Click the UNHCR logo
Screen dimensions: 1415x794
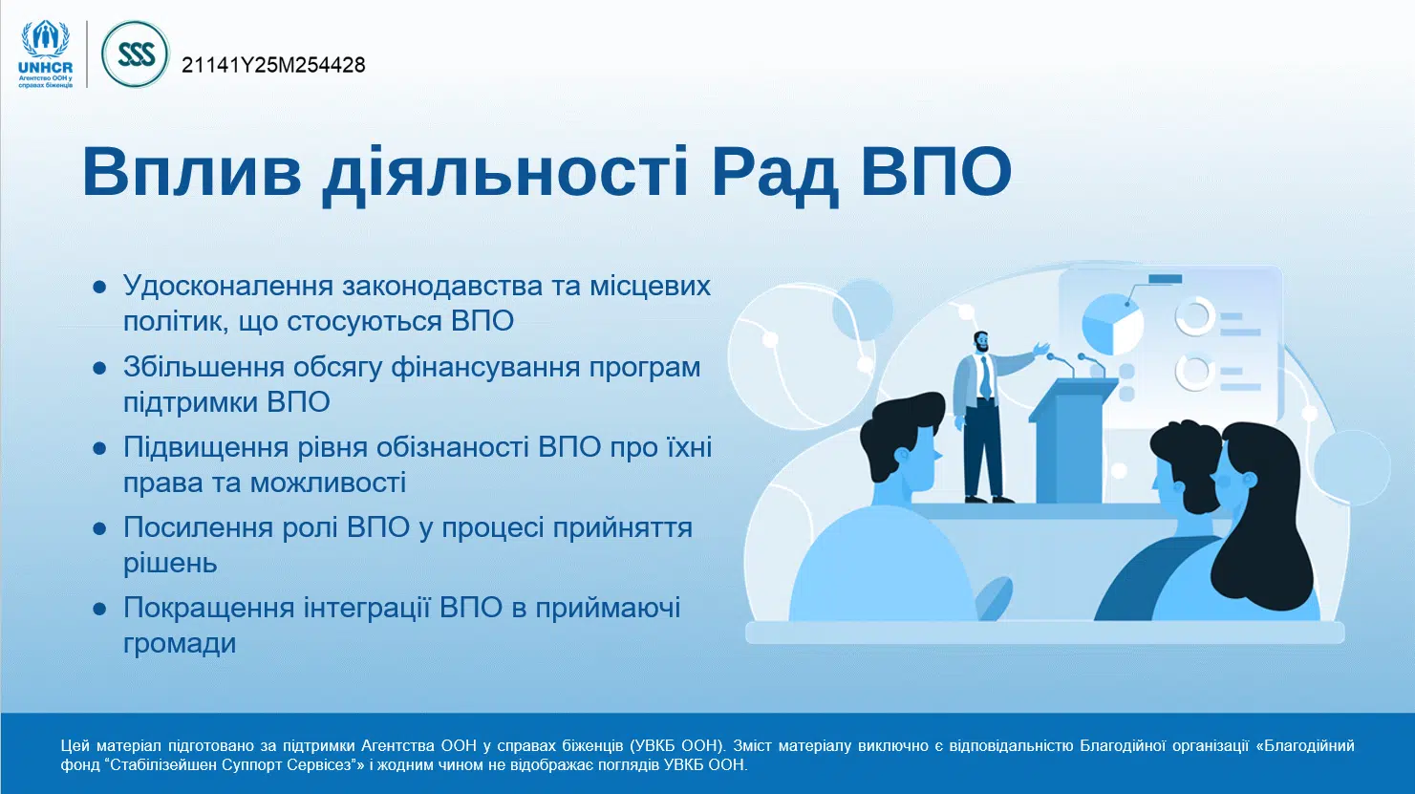coord(46,54)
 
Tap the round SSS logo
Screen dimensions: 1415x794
coord(136,54)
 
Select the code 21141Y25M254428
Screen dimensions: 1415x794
coord(273,65)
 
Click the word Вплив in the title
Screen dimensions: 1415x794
coord(192,172)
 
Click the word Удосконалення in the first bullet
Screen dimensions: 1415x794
coord(228,286)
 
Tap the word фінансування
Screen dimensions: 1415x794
coord(485,367)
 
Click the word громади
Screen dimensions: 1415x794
coord(180,644)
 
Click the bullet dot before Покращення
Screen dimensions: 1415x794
coord(99,609)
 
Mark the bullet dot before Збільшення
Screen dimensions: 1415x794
coord(99,368)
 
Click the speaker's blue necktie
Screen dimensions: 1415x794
coord(985,377)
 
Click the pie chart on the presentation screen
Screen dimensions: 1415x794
coord(1113,325)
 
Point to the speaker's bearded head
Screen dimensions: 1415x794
coord(981,342)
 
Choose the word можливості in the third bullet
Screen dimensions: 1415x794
coord(328,483)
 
